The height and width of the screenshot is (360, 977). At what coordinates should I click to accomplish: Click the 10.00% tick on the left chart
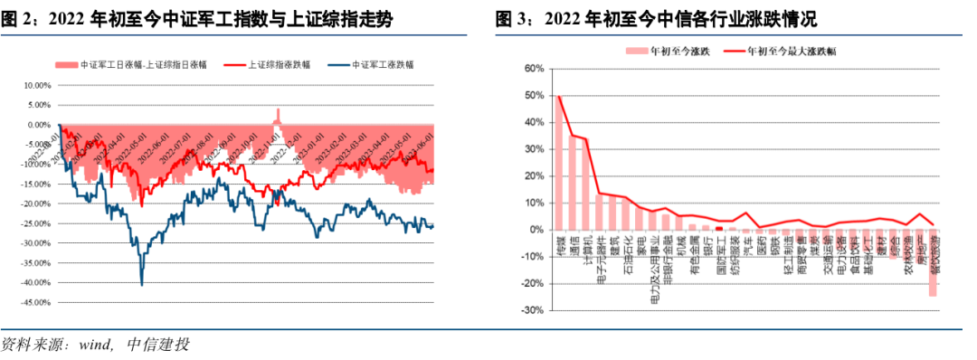(36, 85)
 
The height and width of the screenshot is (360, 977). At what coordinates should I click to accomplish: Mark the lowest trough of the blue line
(142, 284)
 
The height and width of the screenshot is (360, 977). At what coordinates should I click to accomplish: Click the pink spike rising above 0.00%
(278, 116)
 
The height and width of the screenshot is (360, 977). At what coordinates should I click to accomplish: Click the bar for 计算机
(585, 186)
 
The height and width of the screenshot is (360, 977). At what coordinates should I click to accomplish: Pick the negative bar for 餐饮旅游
(932, 262)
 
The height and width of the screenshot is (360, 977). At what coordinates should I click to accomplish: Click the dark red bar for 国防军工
(719, 228)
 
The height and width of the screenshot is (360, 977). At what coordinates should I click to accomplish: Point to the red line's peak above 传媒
(560, 96)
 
